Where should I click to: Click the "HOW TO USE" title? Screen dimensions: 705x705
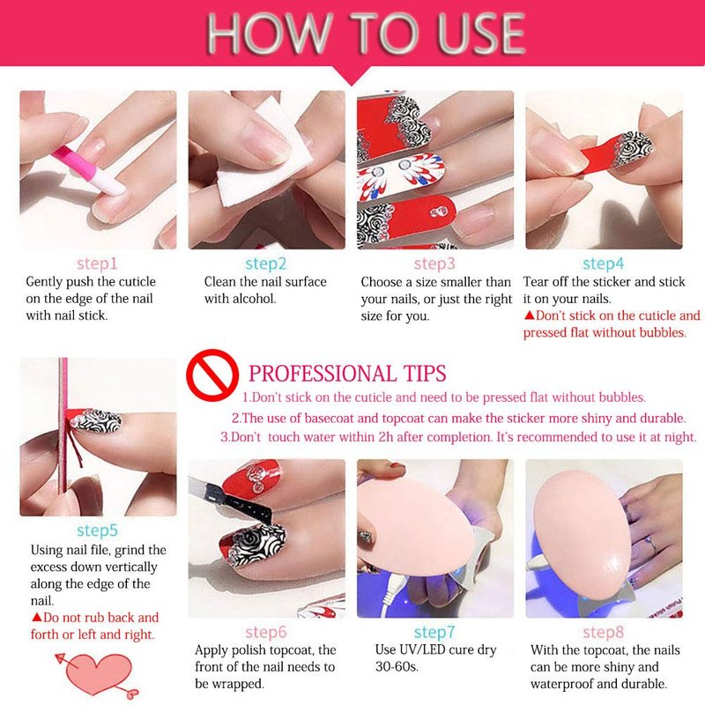point(366,33)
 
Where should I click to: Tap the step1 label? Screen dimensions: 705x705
point(97,263)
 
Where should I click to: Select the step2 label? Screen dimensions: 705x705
point(266,263)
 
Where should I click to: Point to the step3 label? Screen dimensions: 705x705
point(434,263)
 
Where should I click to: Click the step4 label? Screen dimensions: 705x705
point(604,263)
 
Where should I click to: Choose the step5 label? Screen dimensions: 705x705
point(97,531)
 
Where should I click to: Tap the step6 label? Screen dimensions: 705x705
point(266,632)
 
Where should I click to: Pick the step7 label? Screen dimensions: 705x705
point(434,632)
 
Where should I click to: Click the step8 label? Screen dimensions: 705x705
point(604,632)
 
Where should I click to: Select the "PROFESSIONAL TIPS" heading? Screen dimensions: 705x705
point(347,374)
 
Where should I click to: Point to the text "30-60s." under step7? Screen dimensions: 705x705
point(397,667)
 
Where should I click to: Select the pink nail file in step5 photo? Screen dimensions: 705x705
point(63,425)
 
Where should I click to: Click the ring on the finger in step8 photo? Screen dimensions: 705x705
point(651,545)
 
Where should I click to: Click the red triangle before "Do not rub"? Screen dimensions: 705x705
point(36,617)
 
